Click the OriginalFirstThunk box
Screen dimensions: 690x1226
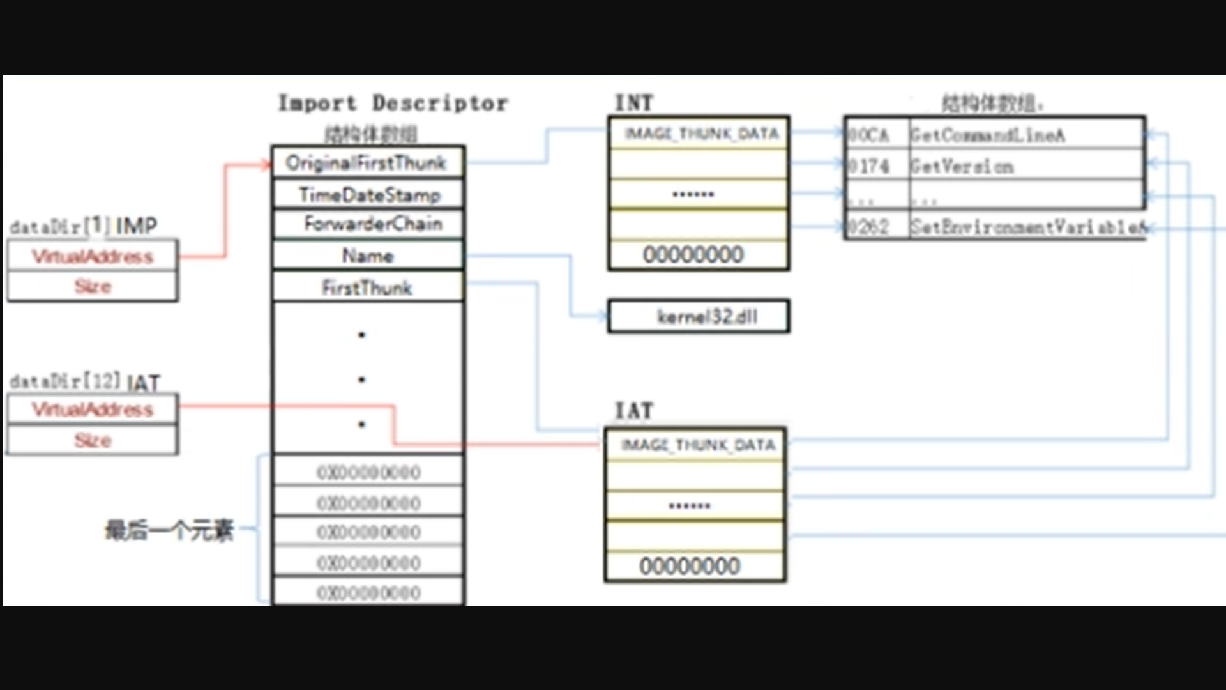point(367,163)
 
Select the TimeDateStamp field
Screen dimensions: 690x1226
point(368,194)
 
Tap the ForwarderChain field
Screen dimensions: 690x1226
point(372,224)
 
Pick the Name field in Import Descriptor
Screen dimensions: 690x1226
point(367,256)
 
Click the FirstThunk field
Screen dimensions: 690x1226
point(367,287)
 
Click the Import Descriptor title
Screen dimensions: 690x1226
point(393,103)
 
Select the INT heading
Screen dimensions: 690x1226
point(633,103)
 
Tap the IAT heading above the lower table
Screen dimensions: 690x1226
point(633,411)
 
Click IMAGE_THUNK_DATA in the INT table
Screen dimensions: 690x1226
point(701,134)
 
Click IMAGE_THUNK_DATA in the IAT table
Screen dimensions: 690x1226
point(697,445)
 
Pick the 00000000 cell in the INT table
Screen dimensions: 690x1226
point(693,255)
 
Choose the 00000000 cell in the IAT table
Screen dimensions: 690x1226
point(690,566)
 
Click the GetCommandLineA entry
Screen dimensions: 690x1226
point(987,135)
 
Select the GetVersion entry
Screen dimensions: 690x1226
point(962,167)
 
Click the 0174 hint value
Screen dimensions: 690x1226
point(868,167)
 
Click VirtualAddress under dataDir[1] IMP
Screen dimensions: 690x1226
point(93,257)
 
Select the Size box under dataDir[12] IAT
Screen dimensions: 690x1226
point(93,440)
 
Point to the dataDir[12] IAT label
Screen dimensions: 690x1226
point(84,382)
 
